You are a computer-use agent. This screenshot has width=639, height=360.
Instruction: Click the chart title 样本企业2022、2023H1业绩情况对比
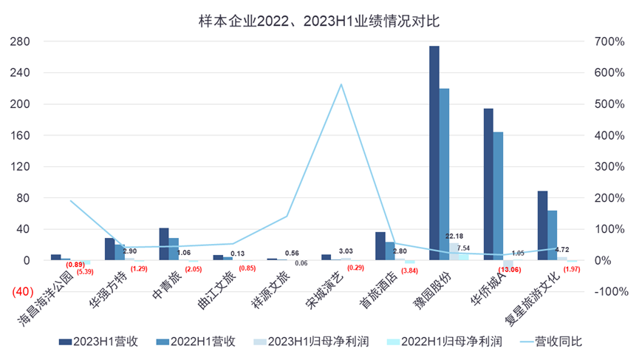(319, 20)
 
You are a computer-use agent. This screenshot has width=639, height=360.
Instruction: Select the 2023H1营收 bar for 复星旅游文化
(542, 225)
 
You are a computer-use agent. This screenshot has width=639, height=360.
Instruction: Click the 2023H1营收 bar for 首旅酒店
(380, 246)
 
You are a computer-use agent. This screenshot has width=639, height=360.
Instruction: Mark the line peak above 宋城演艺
(341, 84)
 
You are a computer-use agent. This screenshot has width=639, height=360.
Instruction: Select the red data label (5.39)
(86, 272)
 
